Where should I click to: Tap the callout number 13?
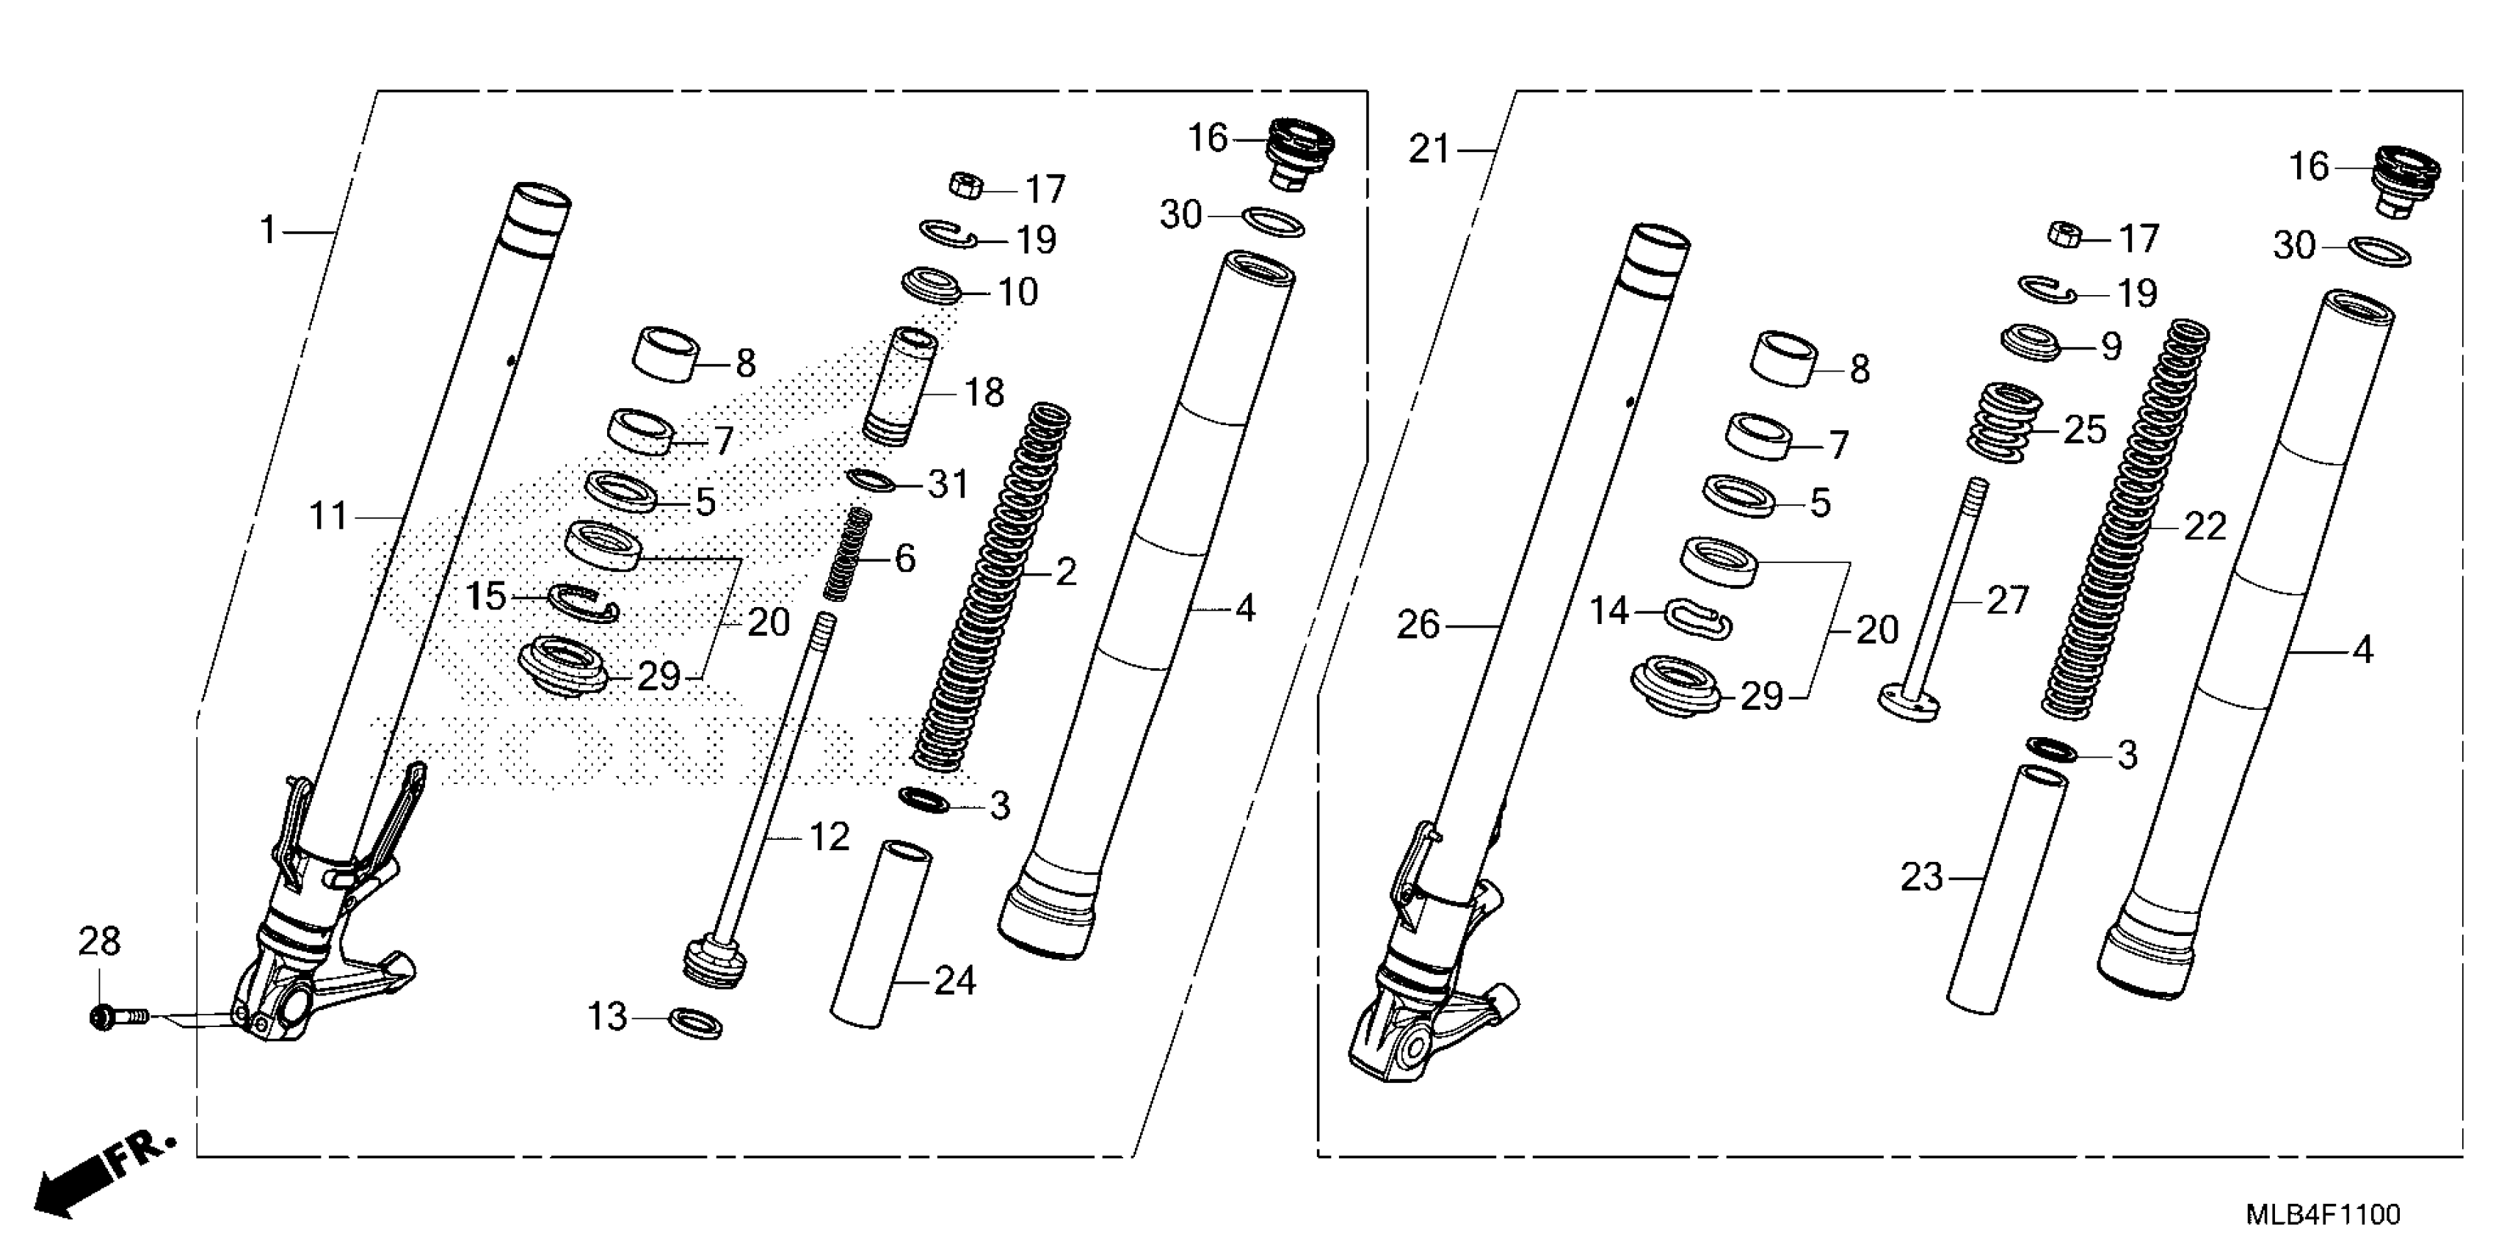tap(608, 1017)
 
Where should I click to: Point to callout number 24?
tap(954, 982)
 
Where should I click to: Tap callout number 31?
tap(947, 484)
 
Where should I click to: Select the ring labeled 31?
tap(870, 479)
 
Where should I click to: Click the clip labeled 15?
tap(582, 603)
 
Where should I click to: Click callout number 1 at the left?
tap(267, 231)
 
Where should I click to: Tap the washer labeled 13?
tap(696, 1022)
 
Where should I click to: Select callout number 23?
tap(1921, 878)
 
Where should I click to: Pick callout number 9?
tap(2111, 346)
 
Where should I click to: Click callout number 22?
tap(2205, 527)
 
